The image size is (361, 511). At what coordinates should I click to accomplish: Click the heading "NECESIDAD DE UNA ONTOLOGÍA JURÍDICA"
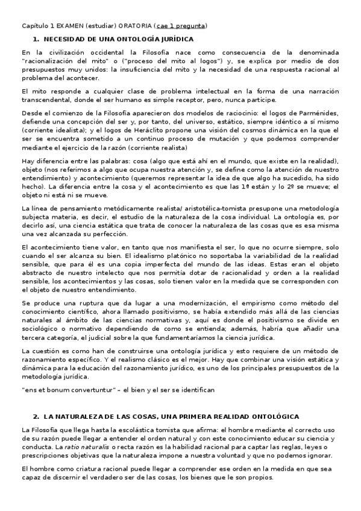(115, 39)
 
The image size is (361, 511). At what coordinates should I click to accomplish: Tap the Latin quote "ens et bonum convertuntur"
(71, 390)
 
